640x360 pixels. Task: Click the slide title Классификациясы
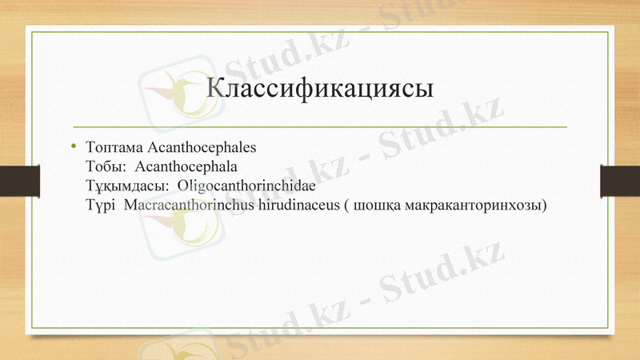[320, 87]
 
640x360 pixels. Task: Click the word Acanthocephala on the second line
[187, 167]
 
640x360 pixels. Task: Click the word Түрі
[100, 206]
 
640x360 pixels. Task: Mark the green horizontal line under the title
[320, 127]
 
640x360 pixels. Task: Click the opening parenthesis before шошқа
[345, 206]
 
